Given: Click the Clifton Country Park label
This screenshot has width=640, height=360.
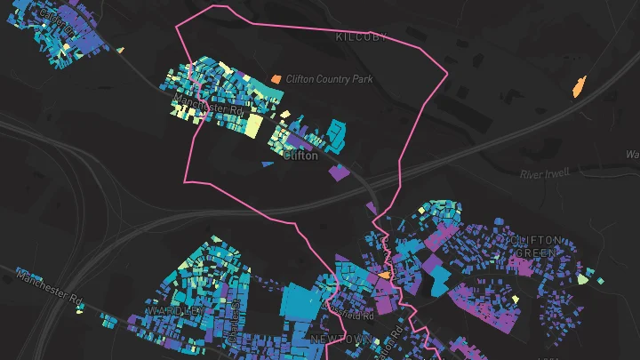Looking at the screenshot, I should [x=330, y=79].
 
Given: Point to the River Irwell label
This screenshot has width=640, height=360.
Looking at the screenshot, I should [x=543, y=173].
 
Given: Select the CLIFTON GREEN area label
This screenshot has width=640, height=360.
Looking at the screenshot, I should [x=536, y=246].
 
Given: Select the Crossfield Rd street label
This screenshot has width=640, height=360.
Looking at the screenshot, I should [x=353, y=315].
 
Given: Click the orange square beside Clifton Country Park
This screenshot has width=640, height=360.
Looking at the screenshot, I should [x=276, y=79].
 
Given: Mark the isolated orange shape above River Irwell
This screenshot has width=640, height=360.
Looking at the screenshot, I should [x=579, y=87].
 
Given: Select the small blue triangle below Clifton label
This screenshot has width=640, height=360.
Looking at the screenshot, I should [x=267, y=164].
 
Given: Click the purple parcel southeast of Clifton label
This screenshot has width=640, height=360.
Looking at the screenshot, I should [x=339, y=172].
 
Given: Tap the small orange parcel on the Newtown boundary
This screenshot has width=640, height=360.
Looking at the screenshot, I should [x=383, y=276].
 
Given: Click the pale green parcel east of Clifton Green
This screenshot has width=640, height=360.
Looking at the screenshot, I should [x=582, y=279].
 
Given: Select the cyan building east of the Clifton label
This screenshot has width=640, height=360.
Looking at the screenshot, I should [x=336, y=133].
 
